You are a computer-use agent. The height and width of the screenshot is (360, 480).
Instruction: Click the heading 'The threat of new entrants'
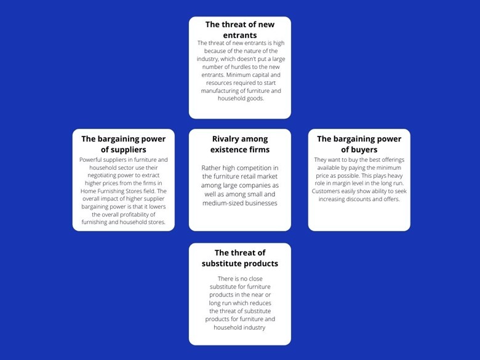(x=240, y=30)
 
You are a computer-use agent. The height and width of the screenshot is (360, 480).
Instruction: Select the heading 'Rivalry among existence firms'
(x=240, y=144)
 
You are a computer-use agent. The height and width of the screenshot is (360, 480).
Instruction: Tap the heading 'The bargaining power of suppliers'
(x=123, y=144)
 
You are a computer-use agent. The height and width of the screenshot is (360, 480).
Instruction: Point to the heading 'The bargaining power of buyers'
(x=359, y=144)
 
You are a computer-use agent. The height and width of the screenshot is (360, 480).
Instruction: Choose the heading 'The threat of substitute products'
(x=240, y=258)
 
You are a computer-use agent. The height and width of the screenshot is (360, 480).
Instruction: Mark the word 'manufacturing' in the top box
(x=219, y=91)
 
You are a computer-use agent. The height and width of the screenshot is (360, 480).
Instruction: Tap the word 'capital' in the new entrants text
(x=258, y=75)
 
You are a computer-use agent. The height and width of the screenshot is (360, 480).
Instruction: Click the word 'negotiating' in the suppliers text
(x=103, y=175)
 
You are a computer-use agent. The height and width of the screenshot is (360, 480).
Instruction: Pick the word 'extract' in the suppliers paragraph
(x=150, y=175)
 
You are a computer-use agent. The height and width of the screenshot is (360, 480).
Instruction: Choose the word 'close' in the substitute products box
(x=255, y=279)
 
